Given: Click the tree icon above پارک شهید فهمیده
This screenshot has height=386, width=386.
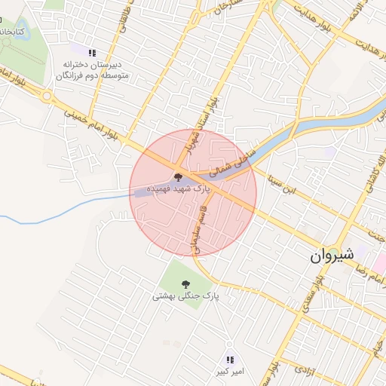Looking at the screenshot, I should (178, 175).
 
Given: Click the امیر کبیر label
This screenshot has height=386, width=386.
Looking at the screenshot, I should (229, 372).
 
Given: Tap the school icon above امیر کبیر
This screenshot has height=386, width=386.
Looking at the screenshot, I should (230, 360).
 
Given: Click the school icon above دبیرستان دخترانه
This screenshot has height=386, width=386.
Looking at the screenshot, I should (92, 53).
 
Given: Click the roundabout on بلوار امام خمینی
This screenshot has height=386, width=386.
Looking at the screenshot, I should (47, 96).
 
